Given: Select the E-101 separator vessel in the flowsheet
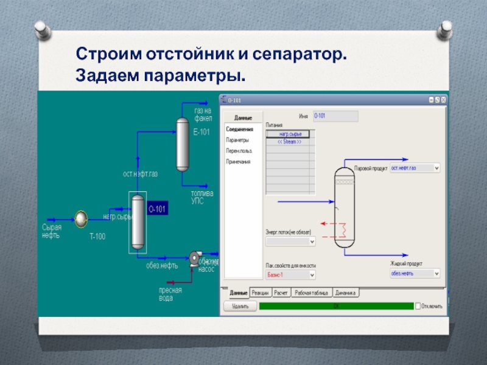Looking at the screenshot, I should coord(181,144).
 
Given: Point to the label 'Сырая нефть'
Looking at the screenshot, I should coord(51,231).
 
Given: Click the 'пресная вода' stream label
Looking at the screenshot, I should coord(170,294).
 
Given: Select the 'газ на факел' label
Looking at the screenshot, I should coord(203,114).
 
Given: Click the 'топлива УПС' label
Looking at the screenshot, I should coord(202,197).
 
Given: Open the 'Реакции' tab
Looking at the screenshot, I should coord(260,293).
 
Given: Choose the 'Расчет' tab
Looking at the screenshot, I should coord(281,293).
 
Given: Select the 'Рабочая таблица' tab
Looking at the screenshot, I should coord(310,293).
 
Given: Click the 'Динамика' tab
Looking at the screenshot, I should coord(345,293).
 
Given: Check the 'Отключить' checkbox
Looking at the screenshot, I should coord(418,306).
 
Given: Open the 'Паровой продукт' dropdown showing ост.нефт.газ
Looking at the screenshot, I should coord(415,168).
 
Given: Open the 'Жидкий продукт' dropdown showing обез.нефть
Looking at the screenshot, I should coord(415,274).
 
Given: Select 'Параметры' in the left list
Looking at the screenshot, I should coord(237,140).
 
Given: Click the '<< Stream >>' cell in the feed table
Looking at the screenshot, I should coord(289,141).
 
